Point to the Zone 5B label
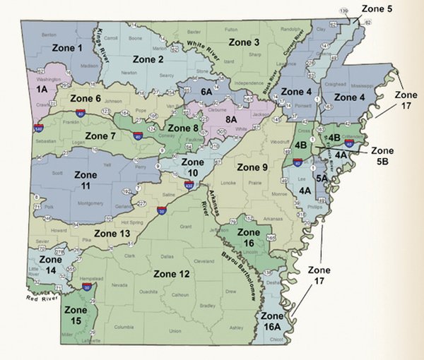pos(382,155)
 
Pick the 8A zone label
pos(231,121)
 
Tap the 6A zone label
pos(206,91)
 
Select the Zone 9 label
pos(251,167)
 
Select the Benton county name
pos(49,34)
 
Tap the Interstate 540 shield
pos(37,128)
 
